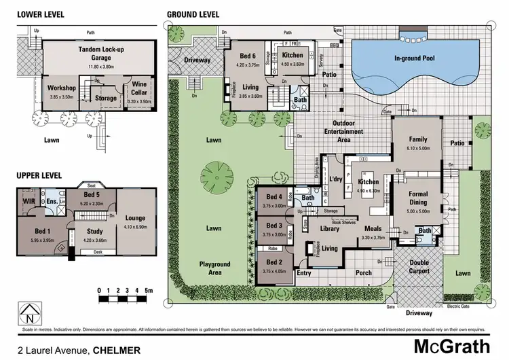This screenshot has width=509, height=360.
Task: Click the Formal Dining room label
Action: pos(418,198)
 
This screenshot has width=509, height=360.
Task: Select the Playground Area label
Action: pos(214,268)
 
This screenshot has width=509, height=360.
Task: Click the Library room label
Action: pos(329,229)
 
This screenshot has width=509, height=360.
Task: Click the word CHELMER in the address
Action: pos(116,350)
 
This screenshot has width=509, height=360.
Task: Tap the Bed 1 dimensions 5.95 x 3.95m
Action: pos(33,240)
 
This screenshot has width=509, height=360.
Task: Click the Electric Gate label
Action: pos(459,307)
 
